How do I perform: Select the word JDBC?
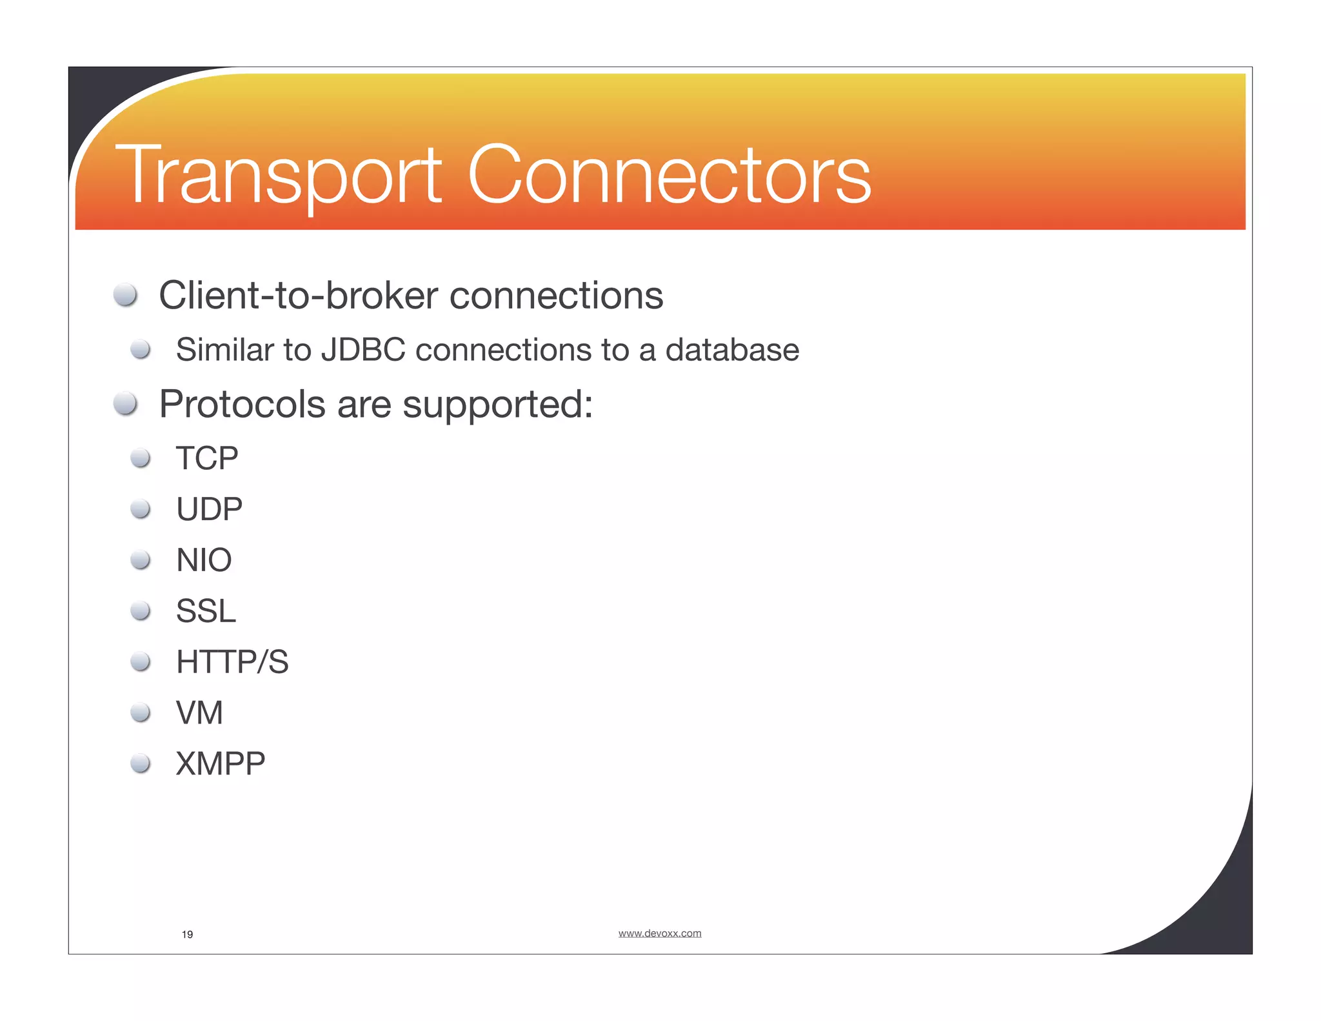tap(363, 350)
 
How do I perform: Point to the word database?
tap(732, 350)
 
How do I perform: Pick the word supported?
tap(497, 405)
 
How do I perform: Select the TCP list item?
tap(207, 458)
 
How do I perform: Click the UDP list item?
tap(209, 509)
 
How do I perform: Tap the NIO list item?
tap(204, 560)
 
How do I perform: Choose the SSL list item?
tap(206, 611)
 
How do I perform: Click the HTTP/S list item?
tap(232, 662)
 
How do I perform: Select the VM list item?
tap(199, 713)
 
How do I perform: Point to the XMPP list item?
tap(220, 763)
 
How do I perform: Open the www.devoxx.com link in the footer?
tap(659, 933)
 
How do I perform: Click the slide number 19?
tap(187, 935)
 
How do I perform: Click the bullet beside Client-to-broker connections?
tap(125, 296)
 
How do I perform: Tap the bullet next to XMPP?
tap(140, 763)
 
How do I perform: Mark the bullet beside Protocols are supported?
tap(125, 404)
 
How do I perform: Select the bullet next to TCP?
tap(140, 458)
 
